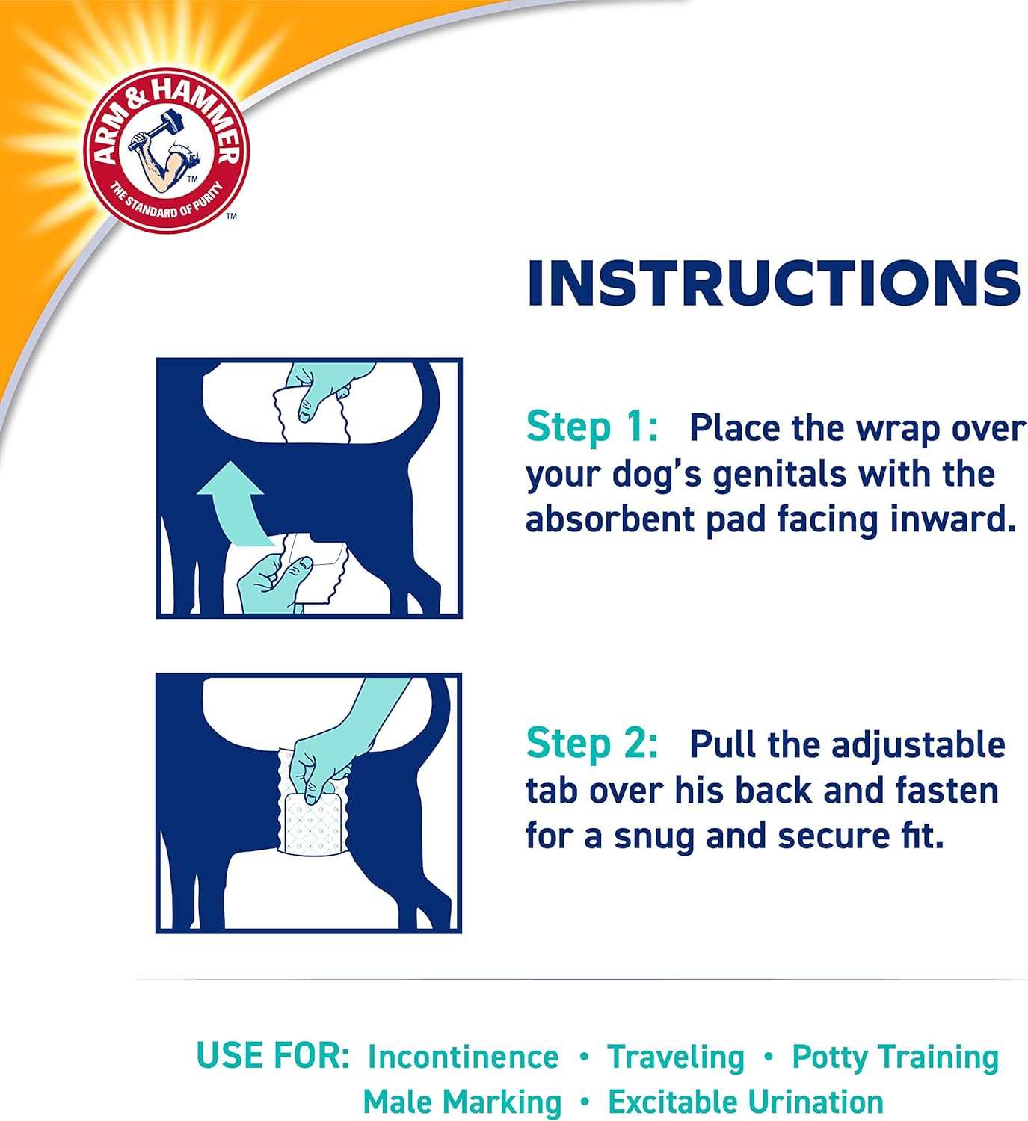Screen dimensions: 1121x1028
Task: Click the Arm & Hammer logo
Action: tap(166, 149)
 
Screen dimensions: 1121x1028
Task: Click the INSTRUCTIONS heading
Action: tap(774, 283)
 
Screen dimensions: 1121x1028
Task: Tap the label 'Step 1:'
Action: tap(591, 427)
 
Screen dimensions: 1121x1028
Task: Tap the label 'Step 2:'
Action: tap(591, 744)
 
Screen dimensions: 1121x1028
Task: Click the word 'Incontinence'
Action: tap(463, 1057)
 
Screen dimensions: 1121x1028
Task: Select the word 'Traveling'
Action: tap(676, 1057)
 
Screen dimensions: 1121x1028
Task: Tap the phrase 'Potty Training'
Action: tap(895, 1057)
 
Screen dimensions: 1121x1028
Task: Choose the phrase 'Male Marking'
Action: tap(462, 1102)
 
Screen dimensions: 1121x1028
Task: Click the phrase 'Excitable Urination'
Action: tap(745, 1102)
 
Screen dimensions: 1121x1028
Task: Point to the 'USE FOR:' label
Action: tap(272, 1055)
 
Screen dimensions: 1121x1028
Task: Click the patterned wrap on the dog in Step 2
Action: tap(313, 822)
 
